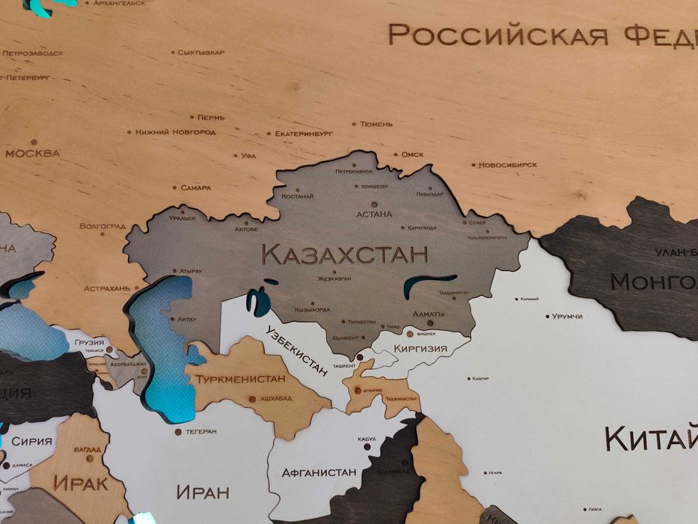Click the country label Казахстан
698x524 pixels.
coord(345,254)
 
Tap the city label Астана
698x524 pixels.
coord(374,214)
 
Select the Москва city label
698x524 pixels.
coord(32,153)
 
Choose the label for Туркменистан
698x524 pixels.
coord(242,379)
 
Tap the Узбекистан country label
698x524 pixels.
coord(297,350)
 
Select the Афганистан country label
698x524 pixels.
coord(318,472)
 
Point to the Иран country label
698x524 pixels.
coord(202,492)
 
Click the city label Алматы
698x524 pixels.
coord(429,314)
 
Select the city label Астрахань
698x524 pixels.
coord(107,288)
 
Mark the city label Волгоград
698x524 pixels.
coord(102,225)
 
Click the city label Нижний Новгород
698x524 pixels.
coord(175,132)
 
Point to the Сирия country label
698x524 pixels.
coord(32,442)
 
